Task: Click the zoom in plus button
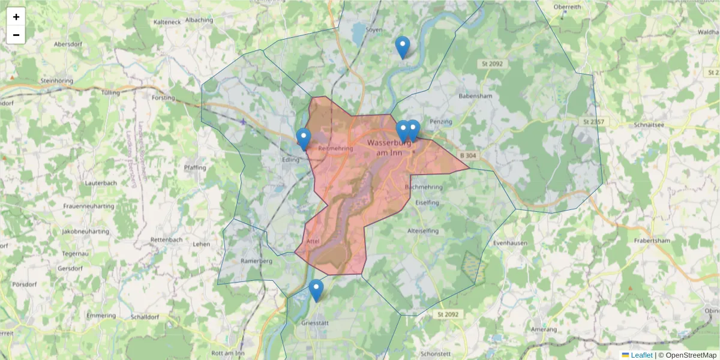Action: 16,17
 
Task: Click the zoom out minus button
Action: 16,35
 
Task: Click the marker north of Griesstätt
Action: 316,290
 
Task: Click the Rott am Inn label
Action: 229,353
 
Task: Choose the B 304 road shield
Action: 470,155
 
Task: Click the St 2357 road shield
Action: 593,122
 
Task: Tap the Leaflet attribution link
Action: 641,355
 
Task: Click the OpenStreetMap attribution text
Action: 690,355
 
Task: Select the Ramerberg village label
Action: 256,262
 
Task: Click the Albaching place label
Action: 199,20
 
